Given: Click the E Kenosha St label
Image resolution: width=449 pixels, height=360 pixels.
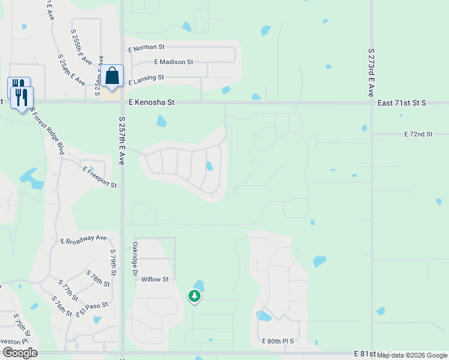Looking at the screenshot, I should point(150,103).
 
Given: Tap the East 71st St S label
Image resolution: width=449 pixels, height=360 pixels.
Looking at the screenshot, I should point(402,103).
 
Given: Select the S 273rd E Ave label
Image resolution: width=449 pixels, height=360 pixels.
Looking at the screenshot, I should point(372,73).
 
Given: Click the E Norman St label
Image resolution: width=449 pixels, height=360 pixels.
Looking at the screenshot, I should point(146,47).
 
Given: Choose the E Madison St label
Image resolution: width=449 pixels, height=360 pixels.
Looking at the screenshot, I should point(173,62).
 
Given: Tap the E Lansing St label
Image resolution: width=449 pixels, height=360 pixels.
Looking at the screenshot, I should point(145,77).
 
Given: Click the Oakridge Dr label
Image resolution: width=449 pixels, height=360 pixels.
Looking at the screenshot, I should point(134,259).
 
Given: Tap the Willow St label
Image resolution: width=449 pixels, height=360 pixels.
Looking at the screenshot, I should point(155,279).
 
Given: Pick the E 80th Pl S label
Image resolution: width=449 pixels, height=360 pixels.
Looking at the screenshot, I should point(278,341).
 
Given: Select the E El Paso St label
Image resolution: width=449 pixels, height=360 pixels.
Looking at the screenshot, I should point(92,310).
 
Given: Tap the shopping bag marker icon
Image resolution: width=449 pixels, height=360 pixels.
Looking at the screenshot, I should point(112,76).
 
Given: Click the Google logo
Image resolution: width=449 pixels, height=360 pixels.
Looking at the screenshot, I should point(20,353).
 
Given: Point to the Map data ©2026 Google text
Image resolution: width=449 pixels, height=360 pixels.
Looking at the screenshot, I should point(412,355).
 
